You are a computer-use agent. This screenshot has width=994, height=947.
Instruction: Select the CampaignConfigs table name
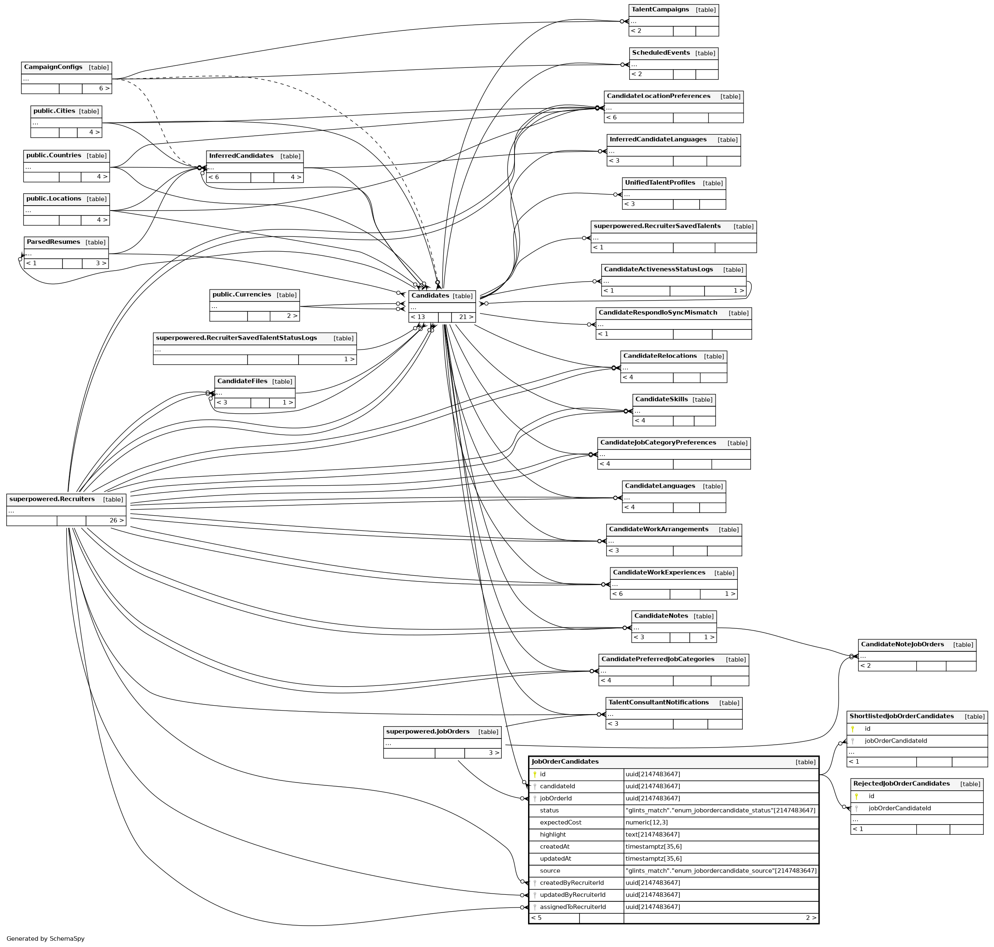pos(53,67)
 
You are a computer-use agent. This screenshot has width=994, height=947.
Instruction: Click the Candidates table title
pos(430,296)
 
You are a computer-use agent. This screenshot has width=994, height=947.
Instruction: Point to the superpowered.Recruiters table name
pos(52,499)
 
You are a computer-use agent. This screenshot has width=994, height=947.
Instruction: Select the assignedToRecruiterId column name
pos(572,907)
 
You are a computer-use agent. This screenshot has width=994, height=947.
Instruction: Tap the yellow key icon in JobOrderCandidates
pos(535,774)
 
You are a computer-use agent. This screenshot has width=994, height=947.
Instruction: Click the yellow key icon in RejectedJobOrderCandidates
pos(856,796)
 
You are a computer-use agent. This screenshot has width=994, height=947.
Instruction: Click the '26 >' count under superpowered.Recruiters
pos(116,521)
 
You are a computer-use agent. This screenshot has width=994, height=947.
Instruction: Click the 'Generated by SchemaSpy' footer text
pos(45,938)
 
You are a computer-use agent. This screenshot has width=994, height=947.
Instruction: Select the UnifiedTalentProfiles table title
pos(660,183)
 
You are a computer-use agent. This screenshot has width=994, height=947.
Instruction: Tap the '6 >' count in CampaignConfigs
pos(104,88)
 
